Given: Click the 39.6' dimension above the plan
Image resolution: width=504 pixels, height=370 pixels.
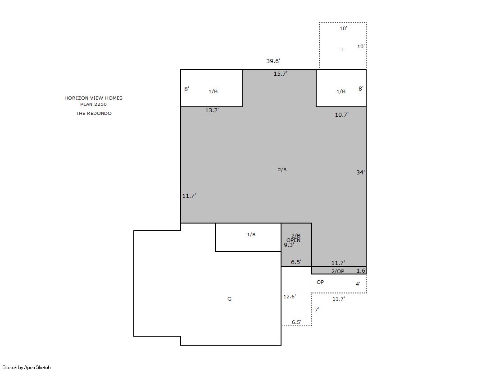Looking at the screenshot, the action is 273,61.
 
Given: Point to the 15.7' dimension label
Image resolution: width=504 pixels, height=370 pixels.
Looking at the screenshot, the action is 280,73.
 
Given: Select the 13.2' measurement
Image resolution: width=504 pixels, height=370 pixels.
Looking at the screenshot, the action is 212,110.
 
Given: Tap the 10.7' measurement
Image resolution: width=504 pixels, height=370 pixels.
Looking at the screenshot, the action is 342,115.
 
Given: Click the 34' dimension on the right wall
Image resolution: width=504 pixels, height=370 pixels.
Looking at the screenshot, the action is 360,173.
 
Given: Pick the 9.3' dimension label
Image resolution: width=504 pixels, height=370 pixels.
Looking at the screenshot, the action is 289,245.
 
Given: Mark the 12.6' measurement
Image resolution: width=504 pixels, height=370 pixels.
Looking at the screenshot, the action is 289,297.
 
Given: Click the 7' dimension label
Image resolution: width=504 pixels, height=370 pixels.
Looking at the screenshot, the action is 317,310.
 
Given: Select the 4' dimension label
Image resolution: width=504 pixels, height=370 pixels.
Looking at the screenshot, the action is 358,284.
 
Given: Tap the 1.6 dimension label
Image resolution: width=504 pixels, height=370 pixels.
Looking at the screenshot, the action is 361,270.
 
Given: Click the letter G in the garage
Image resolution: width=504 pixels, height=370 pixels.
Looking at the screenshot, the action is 230,299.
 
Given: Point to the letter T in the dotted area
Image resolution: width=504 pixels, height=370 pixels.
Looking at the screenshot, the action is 342,50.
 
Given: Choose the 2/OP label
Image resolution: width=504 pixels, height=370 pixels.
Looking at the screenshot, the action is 338,271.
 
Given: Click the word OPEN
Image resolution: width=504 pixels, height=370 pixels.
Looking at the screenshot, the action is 294,240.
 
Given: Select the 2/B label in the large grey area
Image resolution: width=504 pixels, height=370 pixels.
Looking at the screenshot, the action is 282,169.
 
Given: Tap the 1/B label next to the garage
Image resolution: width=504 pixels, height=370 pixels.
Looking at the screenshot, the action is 251,234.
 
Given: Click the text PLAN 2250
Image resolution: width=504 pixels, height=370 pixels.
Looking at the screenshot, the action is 94,104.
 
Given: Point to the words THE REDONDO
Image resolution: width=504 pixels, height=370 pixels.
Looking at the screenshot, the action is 94,113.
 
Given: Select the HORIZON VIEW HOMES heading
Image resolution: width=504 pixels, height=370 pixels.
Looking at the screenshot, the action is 94,98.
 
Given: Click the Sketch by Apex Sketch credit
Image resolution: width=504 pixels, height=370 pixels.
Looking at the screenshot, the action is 27,367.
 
